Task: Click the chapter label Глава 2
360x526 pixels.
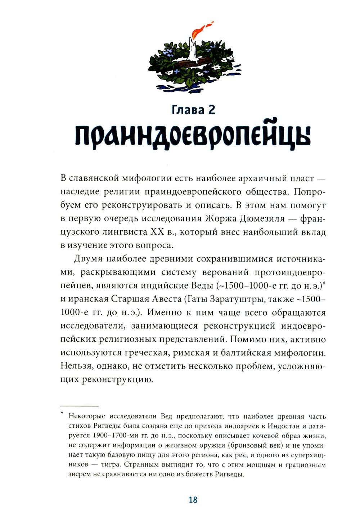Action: (193, 109)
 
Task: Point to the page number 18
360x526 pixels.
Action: (193, 500)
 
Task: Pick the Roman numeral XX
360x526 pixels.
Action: (157, 232)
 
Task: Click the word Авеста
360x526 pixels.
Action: (162, 299)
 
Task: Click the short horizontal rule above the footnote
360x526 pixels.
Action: (79, 405)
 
